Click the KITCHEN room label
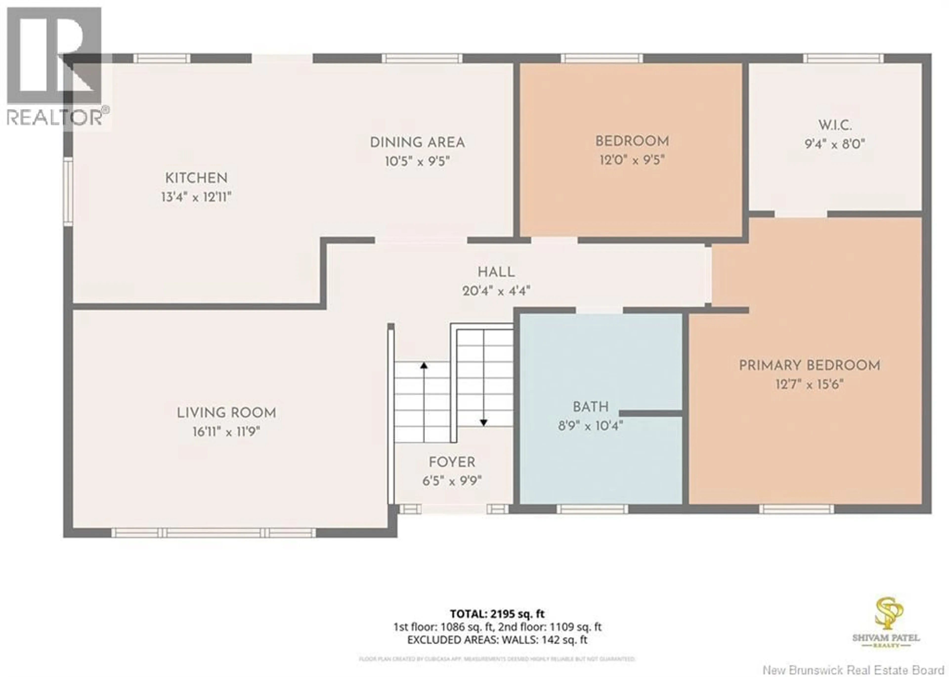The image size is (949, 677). (196, 178)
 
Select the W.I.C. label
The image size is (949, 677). (835, 125)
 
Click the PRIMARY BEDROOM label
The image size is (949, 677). (809, 366)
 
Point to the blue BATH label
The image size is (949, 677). (590, 407)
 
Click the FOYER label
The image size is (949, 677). (452, 462)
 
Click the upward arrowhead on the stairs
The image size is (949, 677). (424, 366)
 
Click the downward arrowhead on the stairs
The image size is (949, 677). (483, 423)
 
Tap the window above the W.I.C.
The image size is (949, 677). (843, 58)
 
